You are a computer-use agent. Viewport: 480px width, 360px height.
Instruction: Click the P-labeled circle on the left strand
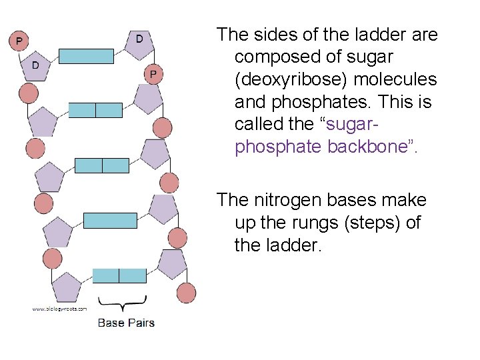(x=19, y=41)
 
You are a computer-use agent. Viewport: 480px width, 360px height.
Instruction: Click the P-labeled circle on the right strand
(x=153, y=73)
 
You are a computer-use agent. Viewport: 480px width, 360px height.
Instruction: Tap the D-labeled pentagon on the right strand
(x=140, y=39)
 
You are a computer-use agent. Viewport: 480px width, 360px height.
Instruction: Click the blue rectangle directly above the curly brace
(x=119, y=275)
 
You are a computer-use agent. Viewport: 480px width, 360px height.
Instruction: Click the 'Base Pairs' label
(x=126, y=323)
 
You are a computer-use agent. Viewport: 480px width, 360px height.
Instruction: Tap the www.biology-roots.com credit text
(x=60, y=309)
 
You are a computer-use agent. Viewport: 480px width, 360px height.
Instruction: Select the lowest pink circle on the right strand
(x=186, y=291)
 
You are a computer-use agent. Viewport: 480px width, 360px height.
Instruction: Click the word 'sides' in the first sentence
(x=280, y=34)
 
